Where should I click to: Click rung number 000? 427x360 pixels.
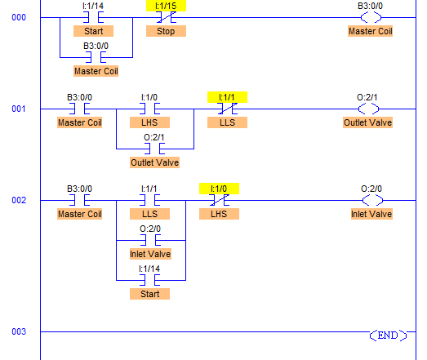[x=19, y=17]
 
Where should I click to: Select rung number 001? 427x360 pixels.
[x=19, y=109]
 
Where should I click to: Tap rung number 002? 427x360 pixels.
[x=19, y=201]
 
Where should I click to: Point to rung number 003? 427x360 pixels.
[x=19, y=331]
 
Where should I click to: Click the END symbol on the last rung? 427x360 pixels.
[x=388, y=336]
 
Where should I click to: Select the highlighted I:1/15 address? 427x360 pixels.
[x=166, y=6]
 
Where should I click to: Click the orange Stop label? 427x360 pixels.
[x=166, y=31]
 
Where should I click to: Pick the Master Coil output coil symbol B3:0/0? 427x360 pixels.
[x=371, y=17]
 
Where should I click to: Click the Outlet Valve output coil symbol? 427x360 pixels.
[x=368, y=109]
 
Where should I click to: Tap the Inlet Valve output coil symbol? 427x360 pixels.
[x=372, y=201]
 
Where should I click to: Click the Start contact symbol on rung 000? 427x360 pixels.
[x=93, y=17]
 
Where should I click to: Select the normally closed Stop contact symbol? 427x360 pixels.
[x=166, y=17]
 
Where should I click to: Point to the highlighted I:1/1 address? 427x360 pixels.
[x=227, y=97]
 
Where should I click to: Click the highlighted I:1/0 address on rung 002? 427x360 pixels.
[x=219, y=189]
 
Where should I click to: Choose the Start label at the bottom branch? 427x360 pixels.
[x=149, y=294]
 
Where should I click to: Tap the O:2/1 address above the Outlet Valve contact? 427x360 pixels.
[x=154, y=137]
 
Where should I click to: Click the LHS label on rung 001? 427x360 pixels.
[x=149, y=122]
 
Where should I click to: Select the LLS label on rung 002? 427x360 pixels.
[x=149, y=214]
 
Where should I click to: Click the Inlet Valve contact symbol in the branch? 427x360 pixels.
[x=150, y=241]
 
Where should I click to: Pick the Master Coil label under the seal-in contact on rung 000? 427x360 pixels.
[x=96, y=71]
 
